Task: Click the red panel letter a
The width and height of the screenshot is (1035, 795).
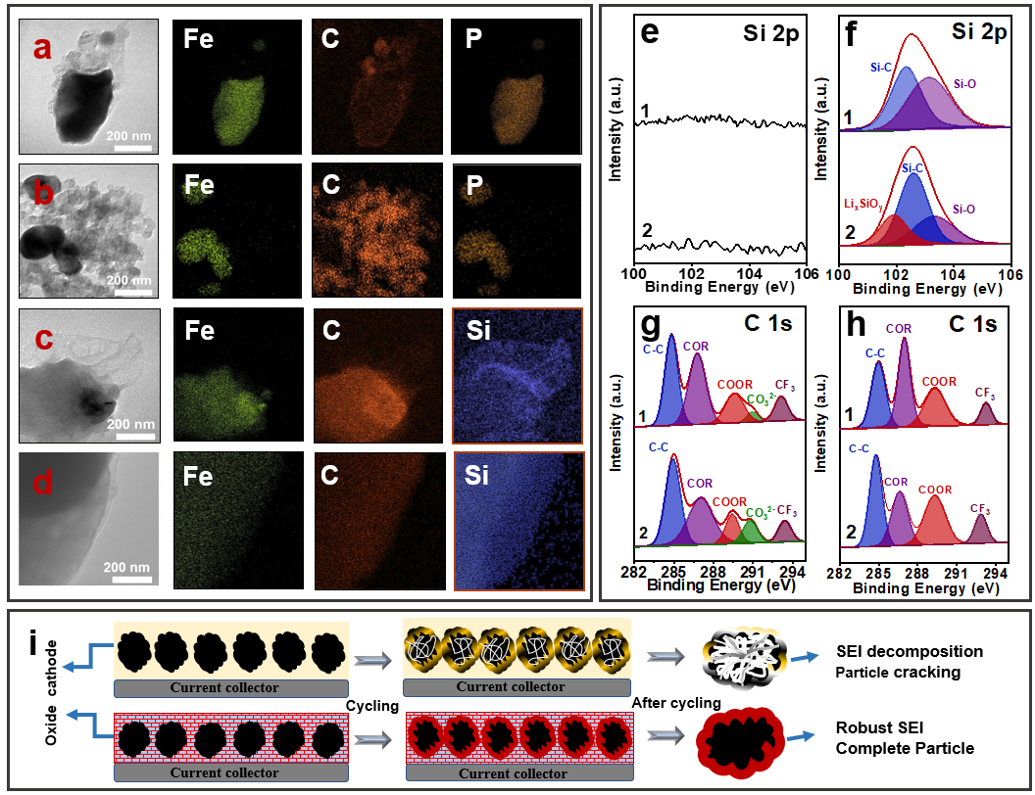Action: click(x=41, y=47)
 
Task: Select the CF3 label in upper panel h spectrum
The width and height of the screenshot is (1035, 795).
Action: click(x=986, y=394)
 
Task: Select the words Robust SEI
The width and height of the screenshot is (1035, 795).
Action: click(x=881, y=727)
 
